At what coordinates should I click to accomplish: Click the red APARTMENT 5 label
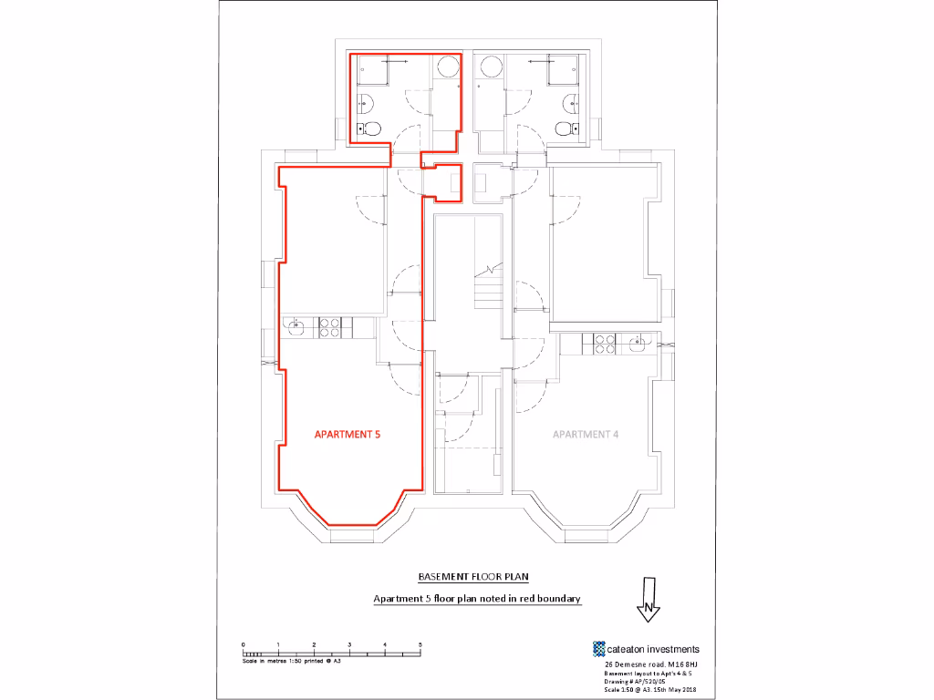pos(347,435)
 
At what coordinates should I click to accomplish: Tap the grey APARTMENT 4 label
pos(586,435)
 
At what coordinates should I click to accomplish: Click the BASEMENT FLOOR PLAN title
pos(473,577)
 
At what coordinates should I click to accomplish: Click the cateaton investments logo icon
pos(599,649)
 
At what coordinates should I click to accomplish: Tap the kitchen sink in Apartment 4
pos(637,344)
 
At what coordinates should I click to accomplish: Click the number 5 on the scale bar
pos(420,645)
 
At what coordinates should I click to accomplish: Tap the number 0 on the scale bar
pos(244,645)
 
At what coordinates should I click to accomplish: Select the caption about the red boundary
pos(477,599)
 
